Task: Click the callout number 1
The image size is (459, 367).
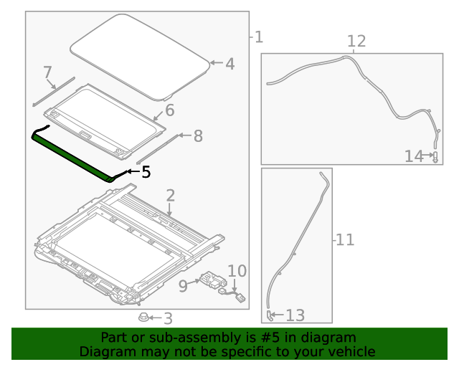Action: [258, 37]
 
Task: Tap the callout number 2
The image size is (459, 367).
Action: [170, 196]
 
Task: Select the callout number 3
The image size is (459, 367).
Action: [167, 318]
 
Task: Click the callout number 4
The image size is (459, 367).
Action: [229, 64]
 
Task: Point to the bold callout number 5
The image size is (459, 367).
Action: [146, 171]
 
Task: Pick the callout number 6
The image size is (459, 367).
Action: [170, 110]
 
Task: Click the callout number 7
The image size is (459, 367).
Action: [48, 72]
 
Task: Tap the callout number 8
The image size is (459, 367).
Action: [198, 135]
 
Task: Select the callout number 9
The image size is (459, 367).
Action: [183, 286]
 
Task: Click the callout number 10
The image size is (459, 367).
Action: [237, 271]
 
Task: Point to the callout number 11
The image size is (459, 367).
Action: [345, 239]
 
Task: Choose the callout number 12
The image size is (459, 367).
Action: [356, 41]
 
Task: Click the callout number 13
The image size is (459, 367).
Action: [295, 315]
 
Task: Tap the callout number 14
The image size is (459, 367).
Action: [415, 156]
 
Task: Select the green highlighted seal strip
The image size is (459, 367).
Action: [72, 152]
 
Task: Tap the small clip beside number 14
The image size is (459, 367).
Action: [435, 157]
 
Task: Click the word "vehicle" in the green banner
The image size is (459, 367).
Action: [351, 351]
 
